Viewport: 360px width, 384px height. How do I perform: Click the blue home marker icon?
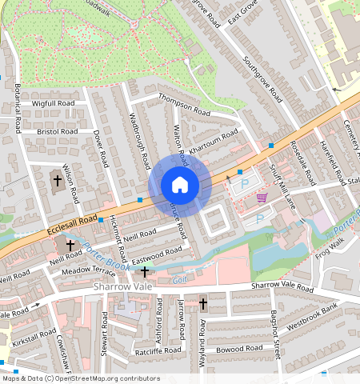[180, 186]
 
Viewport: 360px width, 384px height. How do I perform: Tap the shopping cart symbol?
[262, 198]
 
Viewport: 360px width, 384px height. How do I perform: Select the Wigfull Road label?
[54, 104]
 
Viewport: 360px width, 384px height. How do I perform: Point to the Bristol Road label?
[57, 130]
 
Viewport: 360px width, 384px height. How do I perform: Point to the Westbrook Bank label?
[313, 311]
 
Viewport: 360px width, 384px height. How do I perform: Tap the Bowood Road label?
[238, 349]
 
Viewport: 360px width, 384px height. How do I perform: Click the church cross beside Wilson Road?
[57, 181]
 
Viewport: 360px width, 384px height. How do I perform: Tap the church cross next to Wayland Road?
[203, 305]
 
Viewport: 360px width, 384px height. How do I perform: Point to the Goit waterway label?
[179, 280]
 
